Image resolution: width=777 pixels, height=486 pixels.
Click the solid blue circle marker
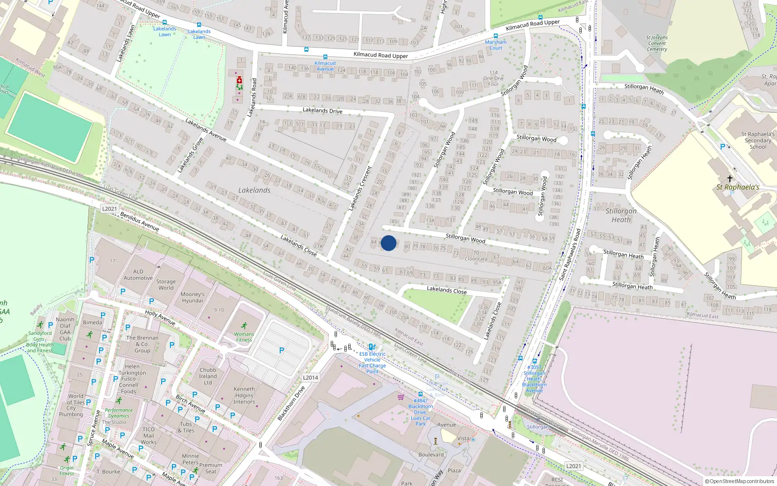coord(388,243)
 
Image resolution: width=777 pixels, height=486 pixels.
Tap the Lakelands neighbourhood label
coord(254,190)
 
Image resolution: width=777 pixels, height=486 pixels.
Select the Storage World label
coord(166,284)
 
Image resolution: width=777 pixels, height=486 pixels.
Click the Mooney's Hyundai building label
coord(192,297)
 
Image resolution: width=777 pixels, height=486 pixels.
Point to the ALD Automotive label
coord(138,275)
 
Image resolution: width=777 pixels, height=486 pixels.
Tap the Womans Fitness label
coord(244,337)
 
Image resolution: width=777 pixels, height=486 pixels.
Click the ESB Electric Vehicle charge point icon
coord(372,347)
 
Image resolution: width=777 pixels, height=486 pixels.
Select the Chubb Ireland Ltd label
coord(208,376)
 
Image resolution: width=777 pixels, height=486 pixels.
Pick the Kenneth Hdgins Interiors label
coord(244,395)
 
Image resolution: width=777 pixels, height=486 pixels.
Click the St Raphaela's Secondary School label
coord(758,140)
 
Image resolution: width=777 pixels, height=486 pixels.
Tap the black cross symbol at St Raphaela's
coord(729,179)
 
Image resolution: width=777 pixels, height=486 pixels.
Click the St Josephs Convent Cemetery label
coord(657,43)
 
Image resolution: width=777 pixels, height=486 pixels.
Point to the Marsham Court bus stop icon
coord(495,36)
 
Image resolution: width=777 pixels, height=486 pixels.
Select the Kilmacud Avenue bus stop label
coord(325,66)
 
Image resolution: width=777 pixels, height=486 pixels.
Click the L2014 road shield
coord(310,377)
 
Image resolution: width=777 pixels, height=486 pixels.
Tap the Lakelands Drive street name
coord(322,110)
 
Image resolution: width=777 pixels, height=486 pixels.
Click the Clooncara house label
coord(475,259)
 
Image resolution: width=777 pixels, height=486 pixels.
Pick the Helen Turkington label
coord(132,369)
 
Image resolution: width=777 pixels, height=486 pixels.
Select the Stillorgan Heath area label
coord(621,215)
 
